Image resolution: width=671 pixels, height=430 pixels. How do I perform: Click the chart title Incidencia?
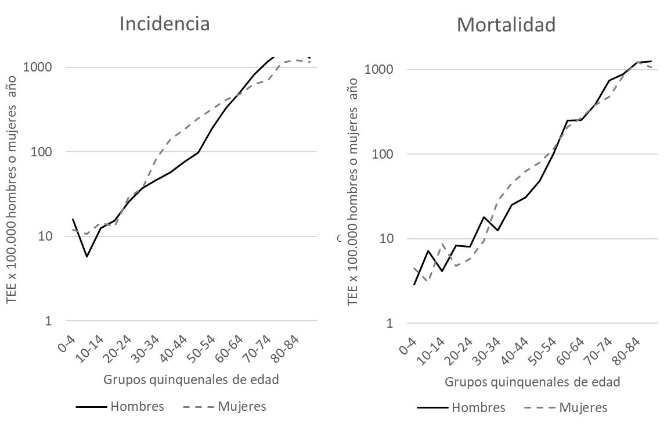164,24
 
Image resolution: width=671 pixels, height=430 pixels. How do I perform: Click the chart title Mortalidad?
506,25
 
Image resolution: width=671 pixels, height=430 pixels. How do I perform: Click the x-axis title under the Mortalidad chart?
532,382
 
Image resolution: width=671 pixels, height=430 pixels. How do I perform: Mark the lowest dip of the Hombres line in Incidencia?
86,256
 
